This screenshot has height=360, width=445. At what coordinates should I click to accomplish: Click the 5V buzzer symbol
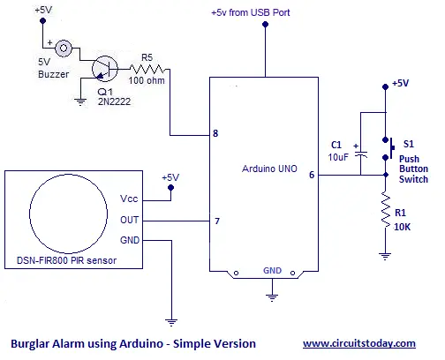coord(64,48)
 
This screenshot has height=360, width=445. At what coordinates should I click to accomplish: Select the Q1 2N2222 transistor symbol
coord(105,69)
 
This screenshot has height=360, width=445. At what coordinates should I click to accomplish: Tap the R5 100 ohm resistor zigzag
coord(147,70)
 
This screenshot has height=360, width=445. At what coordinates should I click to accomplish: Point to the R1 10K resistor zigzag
coord(385,209)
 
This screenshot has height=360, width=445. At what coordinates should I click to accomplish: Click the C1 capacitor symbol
coord(361,154)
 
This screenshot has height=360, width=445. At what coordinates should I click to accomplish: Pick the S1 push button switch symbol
coord(388,148)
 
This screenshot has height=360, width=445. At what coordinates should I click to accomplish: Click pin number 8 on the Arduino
coord(215,133)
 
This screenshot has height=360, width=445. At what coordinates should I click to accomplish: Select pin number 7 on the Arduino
coord(217,221)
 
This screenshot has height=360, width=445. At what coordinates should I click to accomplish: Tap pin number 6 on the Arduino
coord(312,175)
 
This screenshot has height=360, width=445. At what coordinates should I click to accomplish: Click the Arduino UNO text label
coord(269,169)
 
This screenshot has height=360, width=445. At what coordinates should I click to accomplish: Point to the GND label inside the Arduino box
coord(272,271)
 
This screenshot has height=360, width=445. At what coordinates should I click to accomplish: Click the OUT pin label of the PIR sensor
coord(129,220)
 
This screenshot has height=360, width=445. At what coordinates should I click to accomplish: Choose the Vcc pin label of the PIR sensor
coord(129,199)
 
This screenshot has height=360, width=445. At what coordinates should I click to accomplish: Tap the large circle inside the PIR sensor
coord(29,214)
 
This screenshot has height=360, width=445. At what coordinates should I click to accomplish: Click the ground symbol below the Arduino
coord(272,297)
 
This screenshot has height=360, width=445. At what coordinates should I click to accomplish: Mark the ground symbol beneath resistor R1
coord(385,256)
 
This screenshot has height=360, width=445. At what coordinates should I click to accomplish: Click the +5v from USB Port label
coord(251,12)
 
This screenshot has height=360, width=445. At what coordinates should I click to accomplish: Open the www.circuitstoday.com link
coord(359,343)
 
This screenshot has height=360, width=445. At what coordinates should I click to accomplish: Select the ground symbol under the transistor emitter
coord(80,101)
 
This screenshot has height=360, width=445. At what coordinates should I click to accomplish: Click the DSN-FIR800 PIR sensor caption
coord(66,260)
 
